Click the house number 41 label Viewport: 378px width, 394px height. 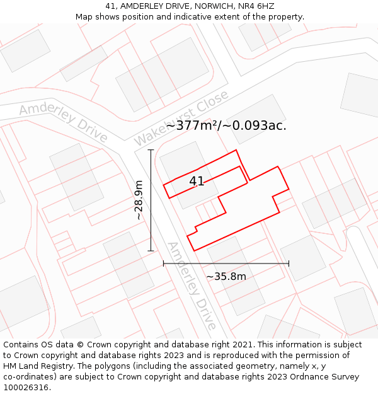[x=197, y=182]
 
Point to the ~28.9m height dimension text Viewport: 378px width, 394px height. [x=139, y=200]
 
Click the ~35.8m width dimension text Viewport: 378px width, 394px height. [x=226, y=276]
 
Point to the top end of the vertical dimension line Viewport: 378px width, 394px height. [x=151, y=150]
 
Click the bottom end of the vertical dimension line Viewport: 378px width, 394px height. [x=151, y=251]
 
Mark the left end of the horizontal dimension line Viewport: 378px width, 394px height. [x=164, y=264]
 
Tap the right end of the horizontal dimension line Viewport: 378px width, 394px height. [x=289, y=264]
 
